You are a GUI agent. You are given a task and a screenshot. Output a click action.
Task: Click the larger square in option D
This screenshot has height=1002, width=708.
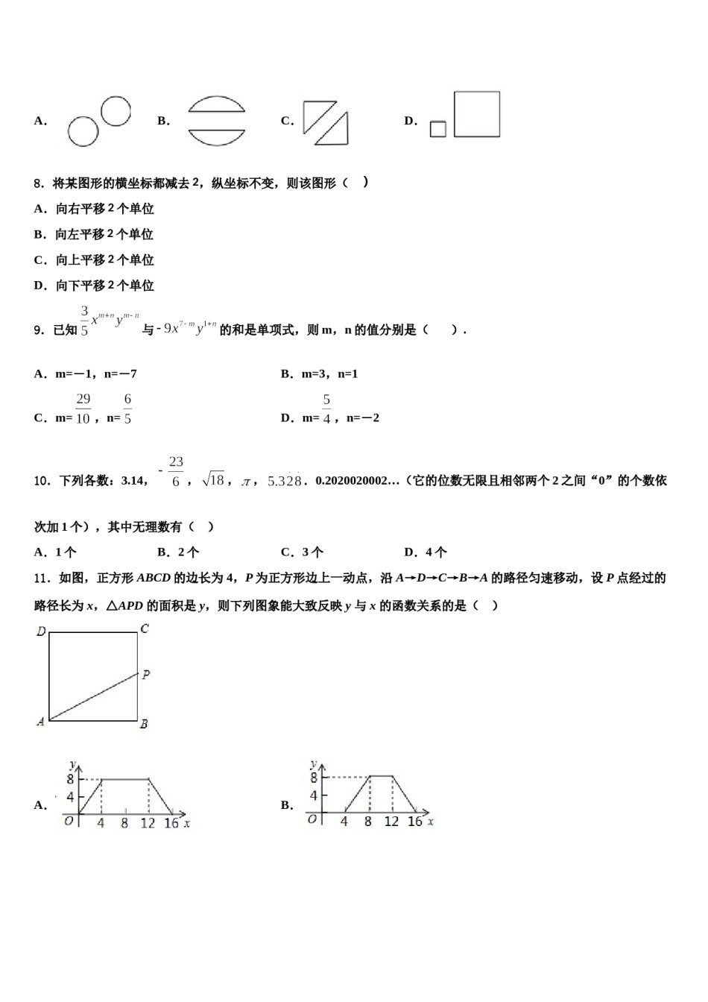point(476,114)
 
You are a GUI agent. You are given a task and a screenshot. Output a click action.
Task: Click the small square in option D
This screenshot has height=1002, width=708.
point(438,129)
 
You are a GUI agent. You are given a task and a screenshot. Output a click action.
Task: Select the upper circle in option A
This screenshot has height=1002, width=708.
point(116,111)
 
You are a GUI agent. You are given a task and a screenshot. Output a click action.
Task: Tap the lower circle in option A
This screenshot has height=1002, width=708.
point(83,132)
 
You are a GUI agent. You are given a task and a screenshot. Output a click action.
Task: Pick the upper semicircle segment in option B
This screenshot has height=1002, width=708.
point(216,104)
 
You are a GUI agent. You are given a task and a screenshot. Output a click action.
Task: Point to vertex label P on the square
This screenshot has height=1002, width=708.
point(146,675)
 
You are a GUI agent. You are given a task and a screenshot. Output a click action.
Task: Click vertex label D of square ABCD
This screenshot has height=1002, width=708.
point(41,631)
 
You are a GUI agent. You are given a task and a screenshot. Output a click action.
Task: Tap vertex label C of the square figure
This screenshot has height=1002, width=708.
point(145,629)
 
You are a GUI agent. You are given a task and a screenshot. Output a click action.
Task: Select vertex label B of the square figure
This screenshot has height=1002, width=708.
point(144,723)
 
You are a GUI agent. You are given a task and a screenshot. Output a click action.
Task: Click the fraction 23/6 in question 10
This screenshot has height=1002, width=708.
point(175,472)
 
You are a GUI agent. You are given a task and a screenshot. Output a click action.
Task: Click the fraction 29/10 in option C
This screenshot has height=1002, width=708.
point(83,409)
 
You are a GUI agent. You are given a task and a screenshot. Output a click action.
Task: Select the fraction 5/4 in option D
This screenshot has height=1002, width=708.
point(326,409)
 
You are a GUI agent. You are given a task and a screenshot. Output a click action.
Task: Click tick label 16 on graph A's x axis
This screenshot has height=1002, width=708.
point(171,823)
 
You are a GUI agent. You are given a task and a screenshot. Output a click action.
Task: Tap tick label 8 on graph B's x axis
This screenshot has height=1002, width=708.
point(367,822)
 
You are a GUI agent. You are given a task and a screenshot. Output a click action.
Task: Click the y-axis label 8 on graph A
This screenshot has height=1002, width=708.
point(70,778)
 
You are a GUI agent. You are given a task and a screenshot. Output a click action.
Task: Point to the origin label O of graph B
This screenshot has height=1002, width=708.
point(312,819)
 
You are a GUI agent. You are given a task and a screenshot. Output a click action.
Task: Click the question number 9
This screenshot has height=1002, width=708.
point(39,330)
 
